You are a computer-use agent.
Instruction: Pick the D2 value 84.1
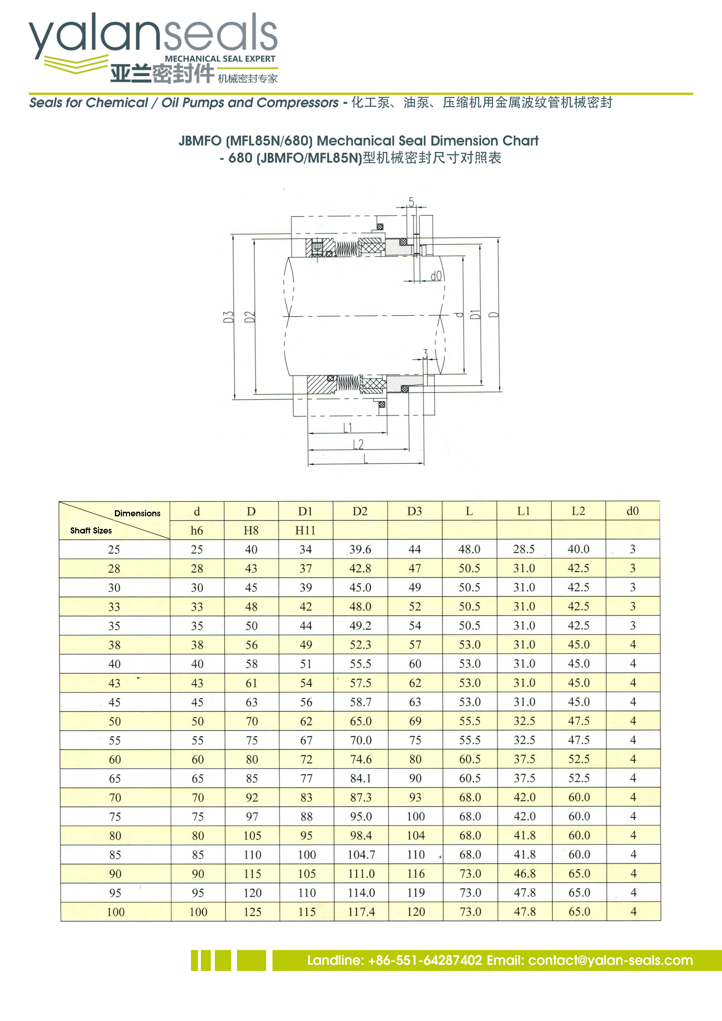click(x=360, y=778)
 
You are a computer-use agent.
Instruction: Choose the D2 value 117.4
click(x=361, y=912)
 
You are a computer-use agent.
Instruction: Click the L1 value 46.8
click(x=525, y=873)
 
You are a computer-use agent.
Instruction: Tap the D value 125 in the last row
click(x=252, y=912)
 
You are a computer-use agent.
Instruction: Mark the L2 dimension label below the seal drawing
click(x=358, y=444)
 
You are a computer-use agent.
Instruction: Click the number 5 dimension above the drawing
click(x=411, y=202)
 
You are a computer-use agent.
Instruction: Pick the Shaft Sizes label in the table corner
click(x=91, y=530)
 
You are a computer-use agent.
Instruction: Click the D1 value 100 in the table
click(x=307, y=854)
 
